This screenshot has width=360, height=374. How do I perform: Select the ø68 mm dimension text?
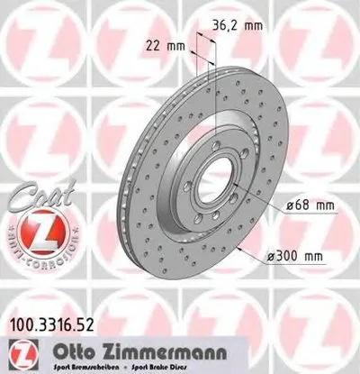click(311, 206)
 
